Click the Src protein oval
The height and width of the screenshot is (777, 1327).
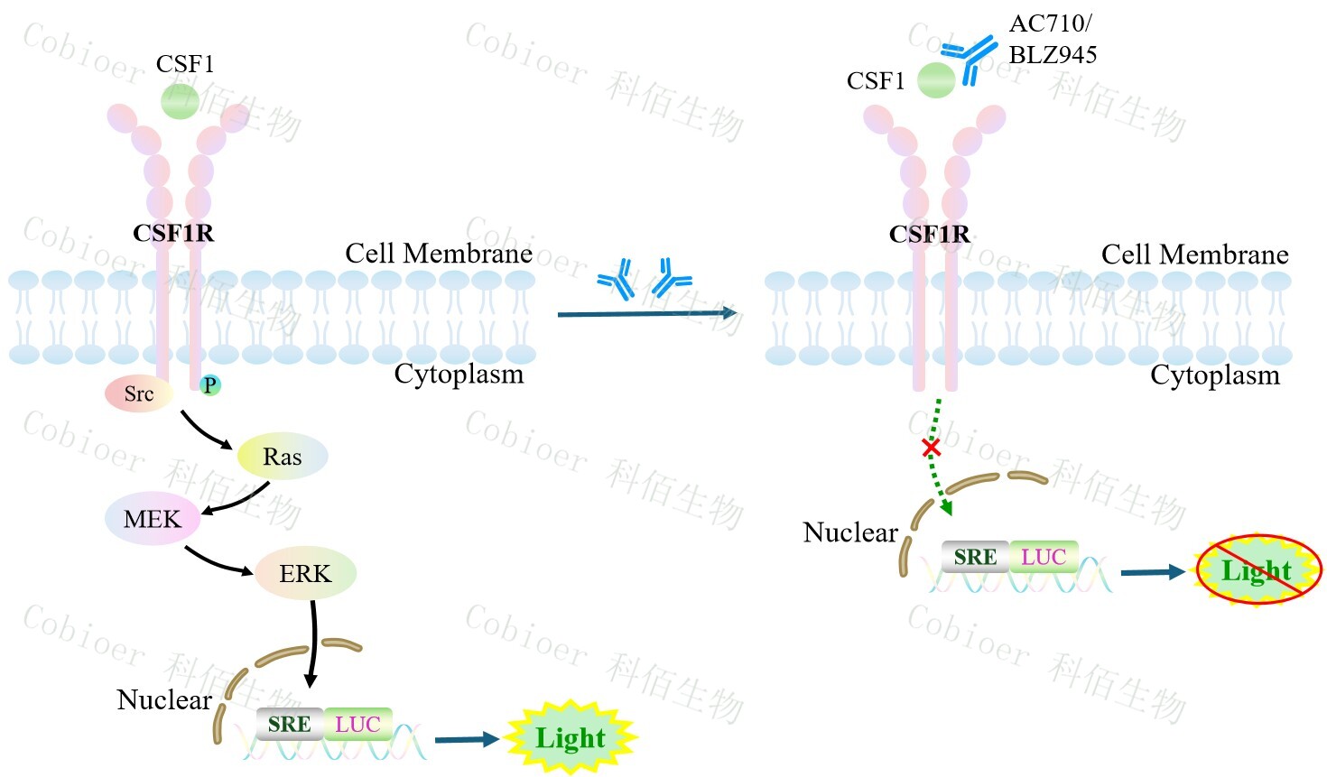click(x=138, y=393)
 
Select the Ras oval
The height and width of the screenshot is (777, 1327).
click(x=282, y=457)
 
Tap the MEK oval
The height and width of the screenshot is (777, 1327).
click(x=153, y=519)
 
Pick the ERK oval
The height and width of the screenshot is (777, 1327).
click(x=305, y=573)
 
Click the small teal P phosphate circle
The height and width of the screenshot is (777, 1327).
click(x=209, y=385)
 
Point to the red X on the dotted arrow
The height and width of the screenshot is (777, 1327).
click(x=931, y=447)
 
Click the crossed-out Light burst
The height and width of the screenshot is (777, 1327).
click(x=1257, y=569)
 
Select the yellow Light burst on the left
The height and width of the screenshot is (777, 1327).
click(x=570, y=737)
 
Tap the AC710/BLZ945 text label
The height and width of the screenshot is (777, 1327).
click(x=1052, y=39)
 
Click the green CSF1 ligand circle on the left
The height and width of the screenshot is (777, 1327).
click(x=180, y=100)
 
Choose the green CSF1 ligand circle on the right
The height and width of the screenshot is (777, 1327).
click(x=936, y=80)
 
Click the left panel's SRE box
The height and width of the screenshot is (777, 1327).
click(x=289, y=724)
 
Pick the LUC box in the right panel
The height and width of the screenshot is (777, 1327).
click(x=1044, y=557)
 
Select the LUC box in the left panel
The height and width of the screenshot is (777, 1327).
click(x=357, y=724)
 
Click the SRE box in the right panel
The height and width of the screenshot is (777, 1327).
click(x=975, y=557)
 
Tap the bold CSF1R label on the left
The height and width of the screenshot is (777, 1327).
click(x=173, y=233)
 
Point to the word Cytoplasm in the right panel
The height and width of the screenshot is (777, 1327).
click(x=1214, y=375)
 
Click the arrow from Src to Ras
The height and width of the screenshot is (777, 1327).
click(x=205, y=432)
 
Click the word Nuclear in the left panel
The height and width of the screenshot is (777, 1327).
click(x=164, y=699)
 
